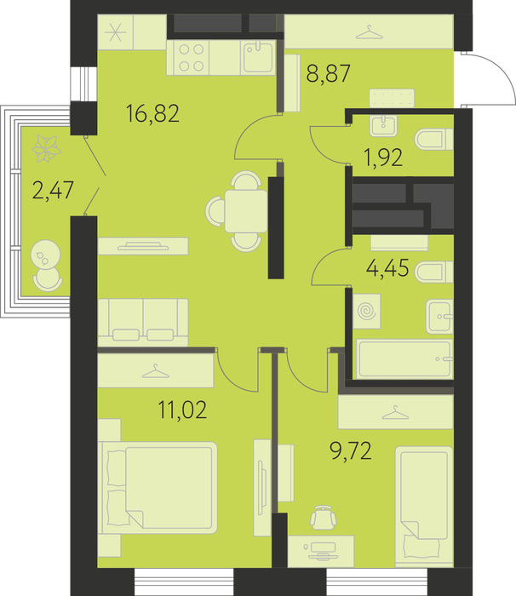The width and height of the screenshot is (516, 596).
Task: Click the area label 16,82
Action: (152, 113)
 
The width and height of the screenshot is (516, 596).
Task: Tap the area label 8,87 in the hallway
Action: (328, 73)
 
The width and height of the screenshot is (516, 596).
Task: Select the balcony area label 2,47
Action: (53, 191)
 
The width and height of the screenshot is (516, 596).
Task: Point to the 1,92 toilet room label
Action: (383, 158)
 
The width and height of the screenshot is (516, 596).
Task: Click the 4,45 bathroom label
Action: (387, 268)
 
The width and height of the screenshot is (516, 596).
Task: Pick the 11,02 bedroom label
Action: (182, 410)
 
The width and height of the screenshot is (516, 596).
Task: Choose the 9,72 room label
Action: (351, 451)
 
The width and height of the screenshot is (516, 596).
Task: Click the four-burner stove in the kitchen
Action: (188, 58)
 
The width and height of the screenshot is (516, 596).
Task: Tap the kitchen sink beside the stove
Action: (259, 57)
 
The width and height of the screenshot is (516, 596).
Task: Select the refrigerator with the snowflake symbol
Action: (115, 32)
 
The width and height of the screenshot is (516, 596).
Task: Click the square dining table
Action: (246, 211)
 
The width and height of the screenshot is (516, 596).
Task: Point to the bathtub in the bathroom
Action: (404, 359)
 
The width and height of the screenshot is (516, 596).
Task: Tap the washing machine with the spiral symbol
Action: (366, 312)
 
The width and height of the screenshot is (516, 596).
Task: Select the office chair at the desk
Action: (324, 518)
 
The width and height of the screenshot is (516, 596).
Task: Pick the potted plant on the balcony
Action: (46, 149)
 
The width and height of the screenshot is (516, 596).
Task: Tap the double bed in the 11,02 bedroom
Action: (158, 488)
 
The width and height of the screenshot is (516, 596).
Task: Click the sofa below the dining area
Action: (143, 323)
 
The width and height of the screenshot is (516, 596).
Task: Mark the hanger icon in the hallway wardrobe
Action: (369, 32)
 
